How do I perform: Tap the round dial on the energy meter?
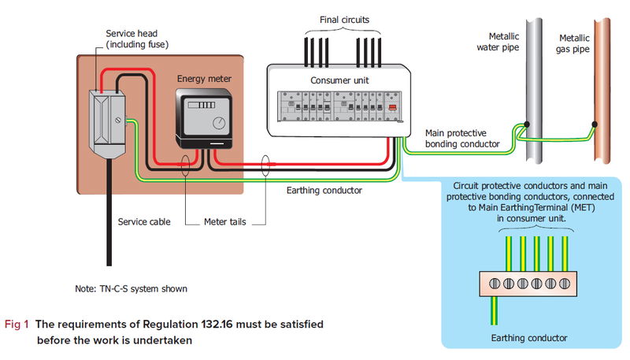[218, 122]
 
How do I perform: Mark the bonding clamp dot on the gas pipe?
[594, 124]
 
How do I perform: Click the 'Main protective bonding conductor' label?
[462, 139]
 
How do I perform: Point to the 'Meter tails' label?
[225, 222]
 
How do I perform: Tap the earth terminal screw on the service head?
[118, 121]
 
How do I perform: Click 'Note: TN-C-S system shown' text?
[130, 288]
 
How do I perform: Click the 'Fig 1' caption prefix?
[17, 325]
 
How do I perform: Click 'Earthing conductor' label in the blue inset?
[528, 338]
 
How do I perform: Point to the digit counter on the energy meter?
[205, 104]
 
